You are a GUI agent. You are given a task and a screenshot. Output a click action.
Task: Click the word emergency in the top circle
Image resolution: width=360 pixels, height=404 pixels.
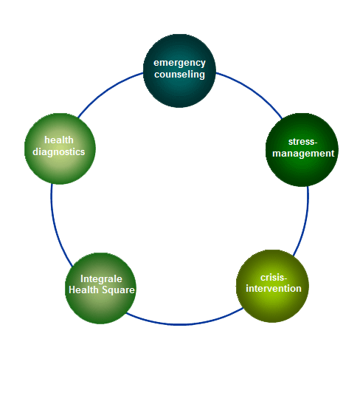(179, 63)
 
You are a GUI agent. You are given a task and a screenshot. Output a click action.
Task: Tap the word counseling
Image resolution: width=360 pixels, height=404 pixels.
(179, 75)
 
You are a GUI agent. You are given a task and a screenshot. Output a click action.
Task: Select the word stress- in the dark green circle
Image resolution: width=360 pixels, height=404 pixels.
(303, 142)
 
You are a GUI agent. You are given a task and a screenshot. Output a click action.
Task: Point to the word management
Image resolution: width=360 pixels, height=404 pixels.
(303, 154)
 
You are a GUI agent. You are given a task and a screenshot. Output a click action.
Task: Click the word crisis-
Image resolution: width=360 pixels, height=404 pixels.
(274, 278)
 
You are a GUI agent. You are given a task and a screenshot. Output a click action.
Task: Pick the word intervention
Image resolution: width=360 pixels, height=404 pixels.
(274, 289)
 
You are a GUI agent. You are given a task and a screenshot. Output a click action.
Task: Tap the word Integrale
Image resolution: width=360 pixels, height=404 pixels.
(101, 279)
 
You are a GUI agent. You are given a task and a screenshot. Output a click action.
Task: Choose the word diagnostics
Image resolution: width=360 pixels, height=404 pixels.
(59, 152)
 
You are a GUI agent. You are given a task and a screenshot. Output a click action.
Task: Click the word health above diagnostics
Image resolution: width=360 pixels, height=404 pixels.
(59, 140)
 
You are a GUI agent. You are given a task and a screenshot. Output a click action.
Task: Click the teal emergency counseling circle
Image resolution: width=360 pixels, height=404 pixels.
(179, 71)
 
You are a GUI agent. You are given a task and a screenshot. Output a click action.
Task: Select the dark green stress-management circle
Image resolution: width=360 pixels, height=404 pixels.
(302, 150)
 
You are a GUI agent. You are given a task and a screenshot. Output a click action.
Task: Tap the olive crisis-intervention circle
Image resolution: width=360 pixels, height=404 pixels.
(272, 286)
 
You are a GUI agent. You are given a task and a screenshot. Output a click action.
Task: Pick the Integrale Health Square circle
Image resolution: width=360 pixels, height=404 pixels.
(100, 288)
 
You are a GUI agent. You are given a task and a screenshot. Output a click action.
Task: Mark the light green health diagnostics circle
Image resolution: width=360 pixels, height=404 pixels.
(60, 148)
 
